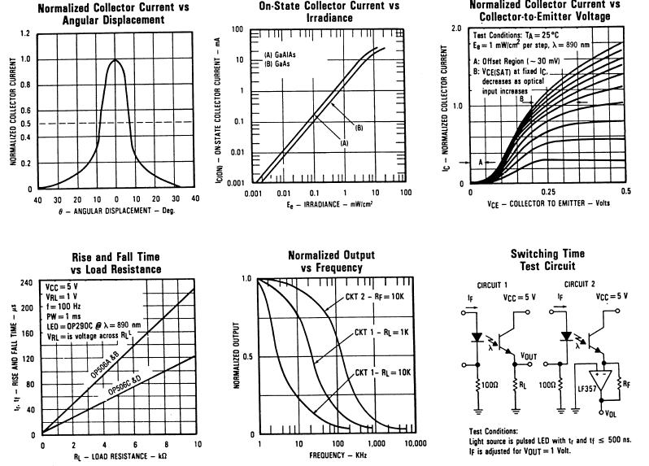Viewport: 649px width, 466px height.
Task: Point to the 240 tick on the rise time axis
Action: (28, 282)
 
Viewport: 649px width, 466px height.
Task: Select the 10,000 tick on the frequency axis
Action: (416, 446)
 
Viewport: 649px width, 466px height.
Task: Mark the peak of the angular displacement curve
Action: (116, 60)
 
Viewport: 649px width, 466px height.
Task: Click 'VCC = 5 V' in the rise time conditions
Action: (63, 287)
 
